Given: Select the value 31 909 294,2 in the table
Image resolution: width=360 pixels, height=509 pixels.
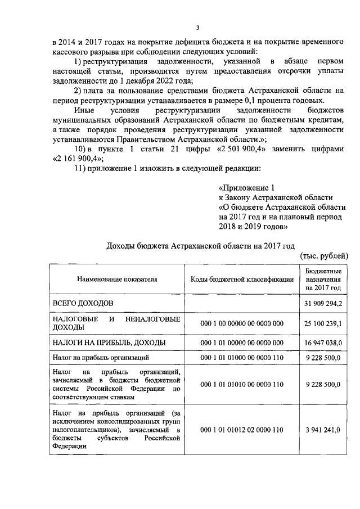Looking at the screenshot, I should pos(323,304).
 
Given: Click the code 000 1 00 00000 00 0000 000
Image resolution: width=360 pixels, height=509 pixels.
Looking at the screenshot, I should pos(242,323).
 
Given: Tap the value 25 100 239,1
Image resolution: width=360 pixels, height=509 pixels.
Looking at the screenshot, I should pos(323,323).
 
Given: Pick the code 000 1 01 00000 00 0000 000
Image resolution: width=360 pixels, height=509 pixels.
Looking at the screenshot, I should pos(242,343).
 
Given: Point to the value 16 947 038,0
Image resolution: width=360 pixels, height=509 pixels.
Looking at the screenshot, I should pos(323,343).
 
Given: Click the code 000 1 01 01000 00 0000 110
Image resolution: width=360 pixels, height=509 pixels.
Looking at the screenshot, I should pos(242,357).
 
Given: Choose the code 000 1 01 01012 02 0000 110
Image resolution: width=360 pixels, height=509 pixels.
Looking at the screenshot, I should pos(242,430).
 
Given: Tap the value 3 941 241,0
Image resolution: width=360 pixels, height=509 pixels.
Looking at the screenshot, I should pos(323,430).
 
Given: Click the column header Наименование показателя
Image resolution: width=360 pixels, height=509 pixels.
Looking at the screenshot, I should pos(117,279).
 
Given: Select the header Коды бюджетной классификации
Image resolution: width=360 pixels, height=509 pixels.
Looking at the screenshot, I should pos(242,279).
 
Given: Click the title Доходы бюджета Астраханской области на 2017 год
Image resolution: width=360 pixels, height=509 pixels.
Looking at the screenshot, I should pos(200,246).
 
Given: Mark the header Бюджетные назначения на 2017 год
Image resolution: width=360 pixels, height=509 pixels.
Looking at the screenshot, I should pos(323,279).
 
